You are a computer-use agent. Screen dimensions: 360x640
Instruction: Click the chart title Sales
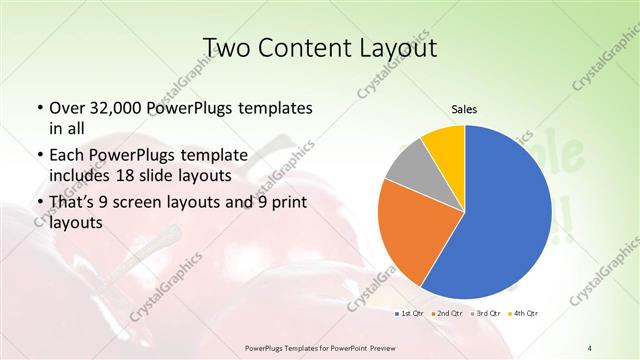point(464,108)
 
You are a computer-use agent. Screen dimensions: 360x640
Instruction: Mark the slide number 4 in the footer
point(590,347)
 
